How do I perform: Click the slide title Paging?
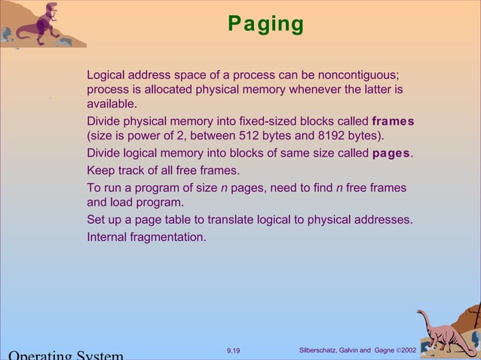(266, 24)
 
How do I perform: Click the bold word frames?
(393, 121)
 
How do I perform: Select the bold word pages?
(391, 154)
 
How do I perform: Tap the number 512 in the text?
(250, 136)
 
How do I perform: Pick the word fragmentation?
(167, 236)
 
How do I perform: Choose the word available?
(112, 104)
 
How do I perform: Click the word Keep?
(100, 170)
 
